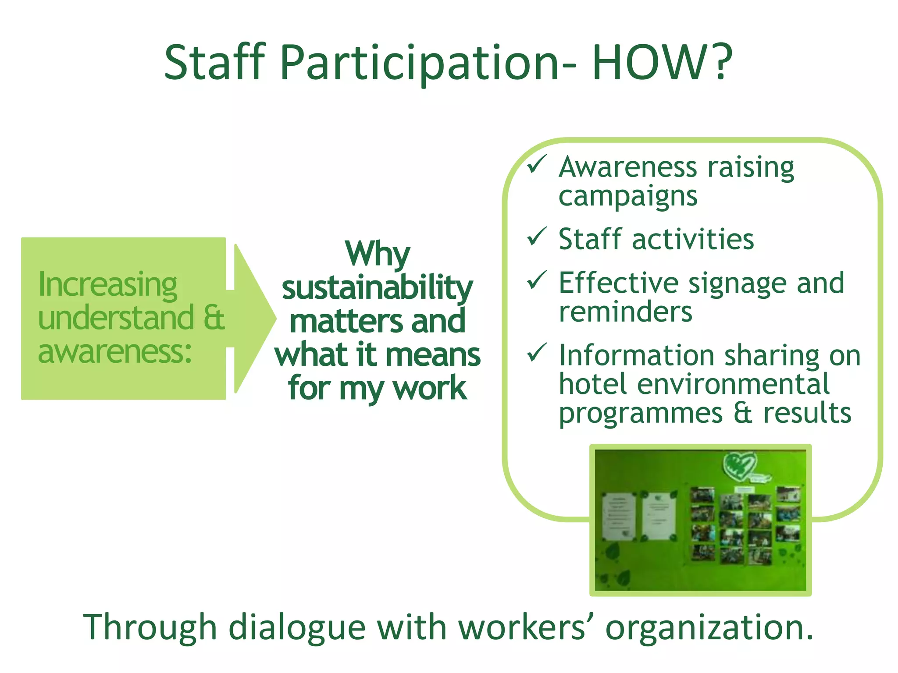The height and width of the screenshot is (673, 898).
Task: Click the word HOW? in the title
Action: [662, 62]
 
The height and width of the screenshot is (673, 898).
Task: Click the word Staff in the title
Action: [215, 62]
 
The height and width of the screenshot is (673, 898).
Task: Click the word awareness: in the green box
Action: [115, 352]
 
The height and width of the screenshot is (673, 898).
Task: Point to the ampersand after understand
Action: [214, 318]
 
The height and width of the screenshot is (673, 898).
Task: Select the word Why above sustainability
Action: [377, 254]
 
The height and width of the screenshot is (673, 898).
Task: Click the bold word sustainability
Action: [377, 288]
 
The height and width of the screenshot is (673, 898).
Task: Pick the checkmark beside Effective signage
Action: [536, 280]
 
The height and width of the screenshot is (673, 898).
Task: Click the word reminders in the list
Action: [625, 312]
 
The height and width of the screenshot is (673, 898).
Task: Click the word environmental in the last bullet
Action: [733, 384]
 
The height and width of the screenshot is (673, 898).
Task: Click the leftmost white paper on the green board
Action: [619, 516]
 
